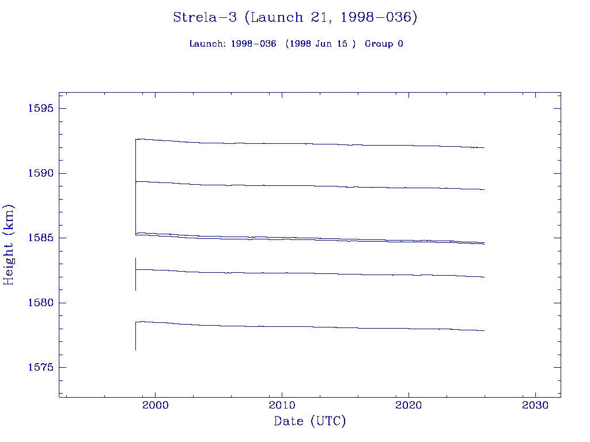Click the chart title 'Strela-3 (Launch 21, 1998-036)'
[295, 18]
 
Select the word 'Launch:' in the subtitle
[208, 44]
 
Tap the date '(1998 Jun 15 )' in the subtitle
[320, 44]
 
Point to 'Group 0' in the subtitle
[384, 44]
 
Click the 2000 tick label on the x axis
[154, 406]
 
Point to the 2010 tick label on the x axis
[282, 406]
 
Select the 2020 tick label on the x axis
[409, 406]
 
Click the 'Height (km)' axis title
[9, 245]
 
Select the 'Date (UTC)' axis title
[310, 421]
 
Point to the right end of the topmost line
[484, 148]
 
